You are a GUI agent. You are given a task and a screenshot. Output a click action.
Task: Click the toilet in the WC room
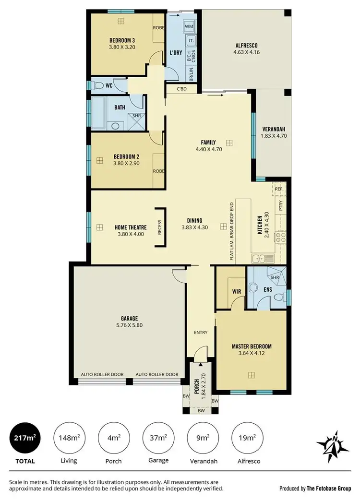(x=99, y=86)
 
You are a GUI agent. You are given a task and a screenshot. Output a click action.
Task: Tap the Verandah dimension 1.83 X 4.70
(x=273, y=136)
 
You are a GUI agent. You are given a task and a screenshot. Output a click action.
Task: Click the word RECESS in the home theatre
(x=160, y=227)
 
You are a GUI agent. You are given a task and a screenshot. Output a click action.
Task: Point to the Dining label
(x=194, y=221)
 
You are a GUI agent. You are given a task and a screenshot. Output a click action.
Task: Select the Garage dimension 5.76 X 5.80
(x=130, y=325)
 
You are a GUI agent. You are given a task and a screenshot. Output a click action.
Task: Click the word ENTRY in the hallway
(x=200, y=333)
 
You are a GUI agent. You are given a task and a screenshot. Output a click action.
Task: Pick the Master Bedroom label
(x=252, y=346)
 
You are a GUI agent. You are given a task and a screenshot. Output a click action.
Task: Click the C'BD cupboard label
(x=181, y=89)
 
